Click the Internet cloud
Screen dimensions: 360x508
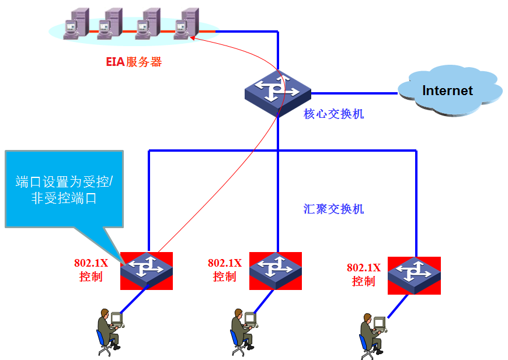pos(448,90)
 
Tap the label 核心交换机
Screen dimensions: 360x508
pos(333,114)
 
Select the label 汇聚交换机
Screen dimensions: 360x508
pos(333,208)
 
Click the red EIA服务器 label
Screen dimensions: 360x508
pos(134,62)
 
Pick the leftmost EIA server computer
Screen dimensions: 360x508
pos(75,25)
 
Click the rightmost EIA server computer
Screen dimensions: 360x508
pos(188,24)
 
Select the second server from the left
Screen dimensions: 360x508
pos(110,25)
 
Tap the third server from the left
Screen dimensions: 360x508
pos(148,25)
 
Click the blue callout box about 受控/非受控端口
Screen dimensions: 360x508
pos(64,188)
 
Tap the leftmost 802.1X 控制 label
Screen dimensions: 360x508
pos(91,270)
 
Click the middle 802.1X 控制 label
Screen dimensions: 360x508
pos(225,270)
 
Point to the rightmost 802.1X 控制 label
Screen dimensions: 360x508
pos(363,274)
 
